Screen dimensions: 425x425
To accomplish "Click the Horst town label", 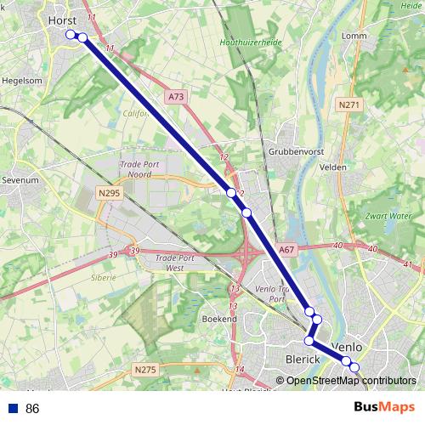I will coord(63,19).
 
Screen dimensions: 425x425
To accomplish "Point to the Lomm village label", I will coord(352,36).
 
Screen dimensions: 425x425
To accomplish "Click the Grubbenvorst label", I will coord(292,151).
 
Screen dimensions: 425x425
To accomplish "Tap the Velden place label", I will coord(332,167).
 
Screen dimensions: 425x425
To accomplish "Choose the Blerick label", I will coord(303,360).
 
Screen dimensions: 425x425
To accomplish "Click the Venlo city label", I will coord(347,348).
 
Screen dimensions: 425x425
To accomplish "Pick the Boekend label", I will coord(219,318).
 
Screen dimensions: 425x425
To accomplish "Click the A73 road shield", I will coord(176,97).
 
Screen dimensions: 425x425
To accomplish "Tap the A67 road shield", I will coord(286,250).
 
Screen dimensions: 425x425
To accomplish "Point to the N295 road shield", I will coord(109,194).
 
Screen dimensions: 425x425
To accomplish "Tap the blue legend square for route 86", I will coord(11,409).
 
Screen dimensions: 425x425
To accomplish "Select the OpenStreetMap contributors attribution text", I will coord(351,381).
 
